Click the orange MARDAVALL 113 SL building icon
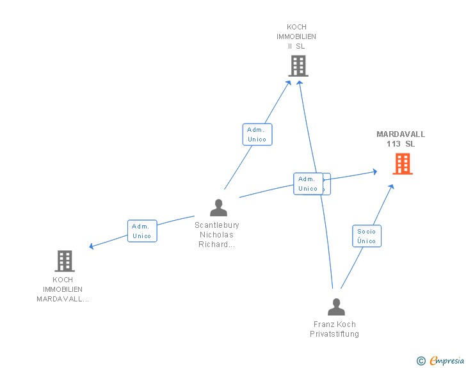(x=402, y=164)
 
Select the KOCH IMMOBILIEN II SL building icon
(x=298, y=65)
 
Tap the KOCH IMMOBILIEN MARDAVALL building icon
(x=65, y=260)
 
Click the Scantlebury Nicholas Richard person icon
(x=218, y=207)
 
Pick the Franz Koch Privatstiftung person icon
(x=336, y=307)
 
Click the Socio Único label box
(x=367, y=236)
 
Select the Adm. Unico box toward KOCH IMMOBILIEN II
(x=257, y=134)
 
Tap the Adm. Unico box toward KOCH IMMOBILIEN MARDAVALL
(x=142, y=231)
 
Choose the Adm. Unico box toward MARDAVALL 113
(x=309, y=184)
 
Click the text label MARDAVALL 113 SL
(x=401, y=139)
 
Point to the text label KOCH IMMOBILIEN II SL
(x=296, y=36)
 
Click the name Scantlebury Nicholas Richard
(x=217, y=235)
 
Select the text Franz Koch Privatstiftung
(x=335, y=329)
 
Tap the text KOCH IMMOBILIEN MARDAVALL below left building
(x=63, y=289)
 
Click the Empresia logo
(x=447, y=361)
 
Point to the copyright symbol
(x=421, y=361)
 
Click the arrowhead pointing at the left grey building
(x=92, y=246)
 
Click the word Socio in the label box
(x=367, y=232)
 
